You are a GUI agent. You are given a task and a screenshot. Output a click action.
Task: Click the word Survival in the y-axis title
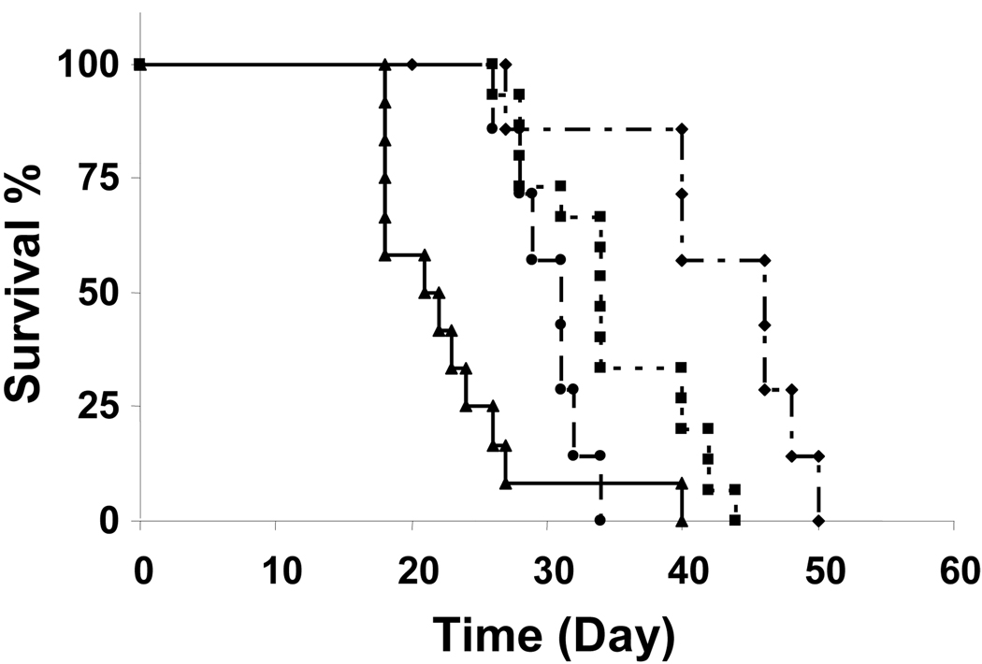click(30, 323)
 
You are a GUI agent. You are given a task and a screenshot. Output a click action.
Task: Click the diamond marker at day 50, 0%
click(818, 520)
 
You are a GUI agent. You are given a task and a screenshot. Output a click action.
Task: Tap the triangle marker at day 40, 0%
click(682, 520)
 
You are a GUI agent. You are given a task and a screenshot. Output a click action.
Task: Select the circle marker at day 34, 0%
click(599, 520)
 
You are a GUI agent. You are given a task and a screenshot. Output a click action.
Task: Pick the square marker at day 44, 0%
click(735, 520)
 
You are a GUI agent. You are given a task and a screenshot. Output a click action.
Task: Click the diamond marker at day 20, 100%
click(412, 65)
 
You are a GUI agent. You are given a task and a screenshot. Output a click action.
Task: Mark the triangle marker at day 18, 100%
click(384, 65)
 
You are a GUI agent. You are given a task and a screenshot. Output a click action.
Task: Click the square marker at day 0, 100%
click(139, 65)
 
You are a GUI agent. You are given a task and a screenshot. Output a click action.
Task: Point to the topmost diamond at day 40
click(682, 128)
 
